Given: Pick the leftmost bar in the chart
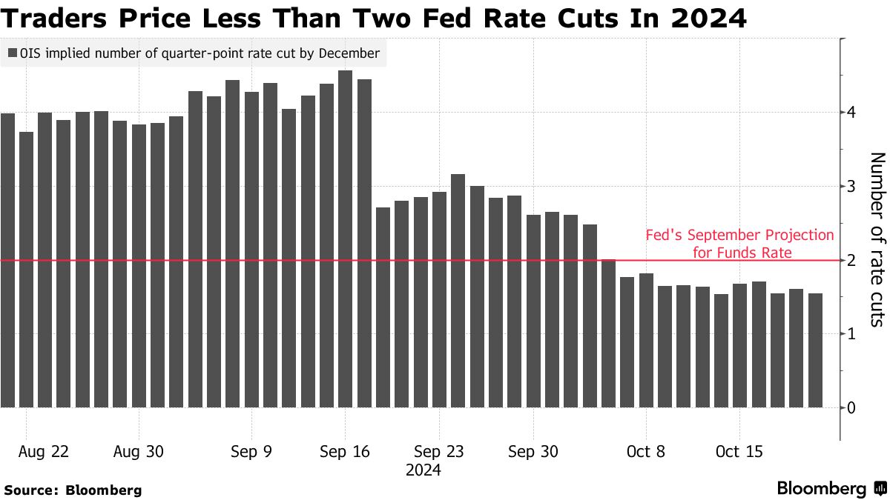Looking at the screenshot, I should pyautogui.click(x=7, y=260).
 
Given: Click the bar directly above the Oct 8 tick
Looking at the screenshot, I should pyautogui.click(x=646, y=340).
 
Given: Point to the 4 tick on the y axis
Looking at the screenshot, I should pyautogui.click(x=852, y=112).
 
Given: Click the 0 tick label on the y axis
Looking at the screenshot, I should pyautogui.click(x=852, y=407).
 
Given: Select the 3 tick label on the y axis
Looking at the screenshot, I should pyautogui.click(x=852, y=186).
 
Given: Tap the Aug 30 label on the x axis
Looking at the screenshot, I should pyautogui.click(x=139, y=452).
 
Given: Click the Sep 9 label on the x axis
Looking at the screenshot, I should pyautogui.click(x=251, y=452).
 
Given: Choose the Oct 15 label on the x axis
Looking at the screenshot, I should pyautogui.click(x=739, y=452).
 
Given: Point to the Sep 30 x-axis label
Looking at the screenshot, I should pyautogui.click(x=533, y=452).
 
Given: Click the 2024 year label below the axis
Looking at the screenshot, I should pyautogui.click(x=423, y=470).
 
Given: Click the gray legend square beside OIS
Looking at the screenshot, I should pyautogui.click(x=13, y=53).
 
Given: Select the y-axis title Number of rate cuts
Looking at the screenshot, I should pyautogui.click(x=877, y=239).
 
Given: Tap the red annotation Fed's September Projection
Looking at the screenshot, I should pyautogui.click(x=739, y=236).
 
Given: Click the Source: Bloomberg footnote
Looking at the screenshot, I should pyautogui.click(x=73, y=490).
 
